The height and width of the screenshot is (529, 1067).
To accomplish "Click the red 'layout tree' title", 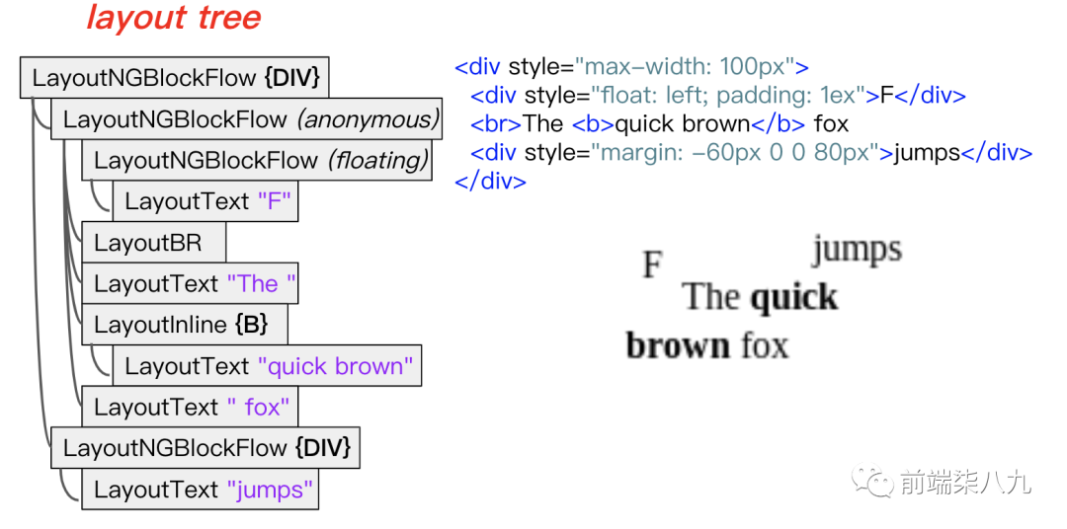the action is [x=174, y=18].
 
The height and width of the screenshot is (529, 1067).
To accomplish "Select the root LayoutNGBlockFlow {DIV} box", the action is [x=175, y=78].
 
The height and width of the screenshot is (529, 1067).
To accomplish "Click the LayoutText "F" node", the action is [x=205, y=201].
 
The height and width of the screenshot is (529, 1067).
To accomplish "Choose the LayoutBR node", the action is [x=153, y=243].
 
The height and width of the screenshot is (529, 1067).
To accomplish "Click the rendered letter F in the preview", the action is [x=652, y=264].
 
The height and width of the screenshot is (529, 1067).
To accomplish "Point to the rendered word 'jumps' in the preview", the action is [x=857, y=250].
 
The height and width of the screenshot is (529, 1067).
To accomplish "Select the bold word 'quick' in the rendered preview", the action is [x=793, y=297].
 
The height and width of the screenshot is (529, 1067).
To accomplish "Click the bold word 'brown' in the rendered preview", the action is [x=677, y=345].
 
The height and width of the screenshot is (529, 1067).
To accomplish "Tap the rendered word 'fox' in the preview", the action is [x=765, y=345].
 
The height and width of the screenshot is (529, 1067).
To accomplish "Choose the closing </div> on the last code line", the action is [x=490, y=182].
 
